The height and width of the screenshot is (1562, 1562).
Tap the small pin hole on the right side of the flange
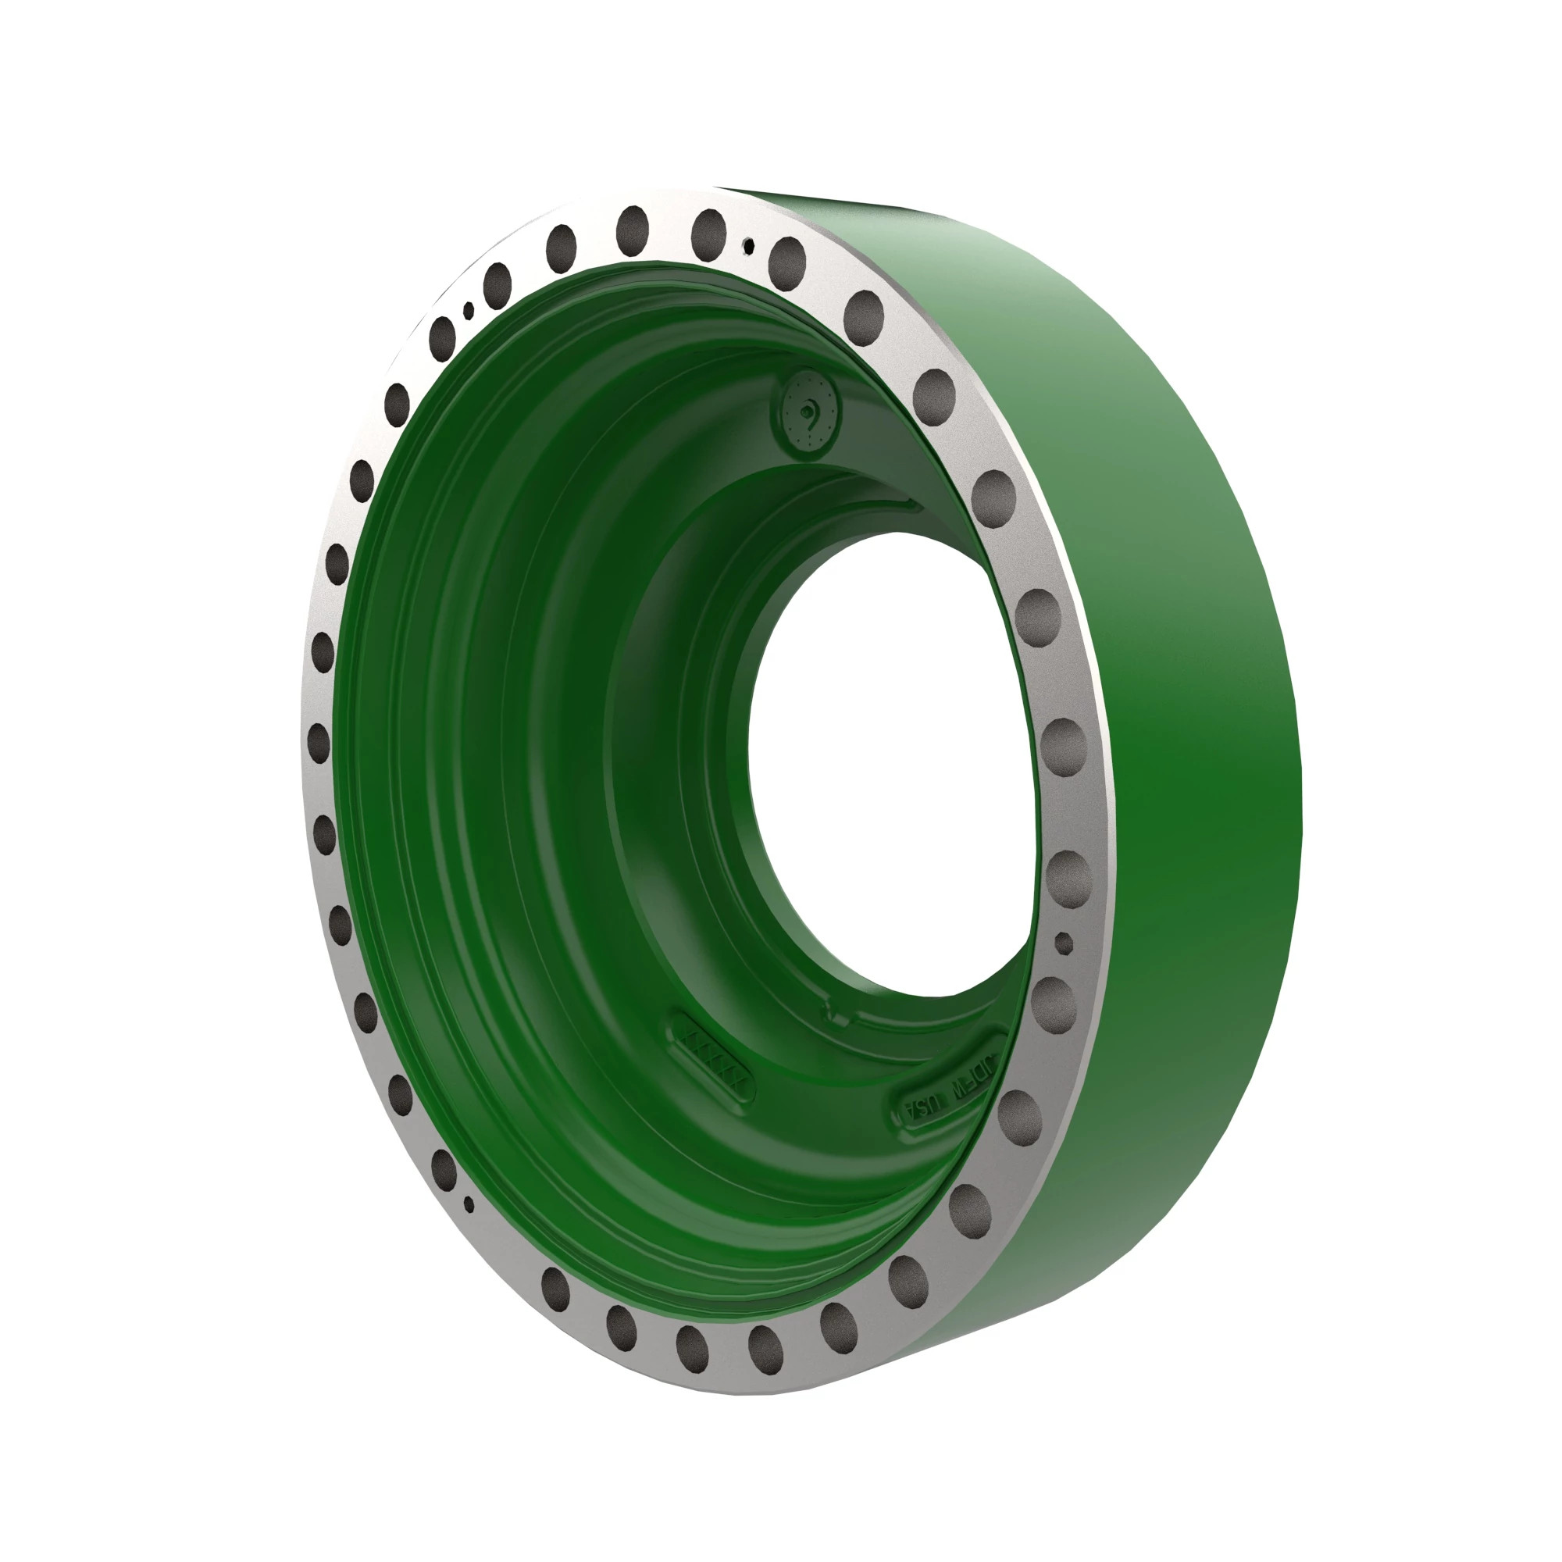(1064, 942)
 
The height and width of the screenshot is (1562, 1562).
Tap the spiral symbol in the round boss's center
(806, 412)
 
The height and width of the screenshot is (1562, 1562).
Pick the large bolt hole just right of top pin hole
(787, 258)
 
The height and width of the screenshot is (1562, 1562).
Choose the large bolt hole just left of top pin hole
(709, 230)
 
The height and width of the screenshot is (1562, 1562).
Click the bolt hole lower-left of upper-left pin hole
(443, 339)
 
